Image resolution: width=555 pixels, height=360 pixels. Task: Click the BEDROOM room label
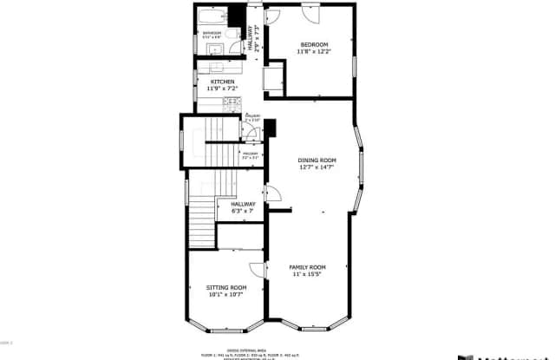(x=314, y=44)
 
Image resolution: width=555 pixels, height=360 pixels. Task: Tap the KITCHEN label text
(x=222, y=82)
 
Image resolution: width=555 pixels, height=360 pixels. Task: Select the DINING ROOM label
(x=317, y=160)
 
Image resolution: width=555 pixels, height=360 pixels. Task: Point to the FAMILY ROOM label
(x=307, y=267)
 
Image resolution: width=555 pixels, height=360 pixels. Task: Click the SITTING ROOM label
(x=225, y=287)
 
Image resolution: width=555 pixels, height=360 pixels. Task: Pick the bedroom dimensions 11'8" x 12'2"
(x=314, y=51)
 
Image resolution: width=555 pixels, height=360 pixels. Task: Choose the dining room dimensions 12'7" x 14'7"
(x=317, y=167)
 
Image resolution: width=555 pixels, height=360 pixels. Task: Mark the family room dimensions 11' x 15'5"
(x=307, y=274)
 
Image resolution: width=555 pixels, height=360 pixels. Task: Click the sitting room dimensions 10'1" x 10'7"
(x=225, y=294)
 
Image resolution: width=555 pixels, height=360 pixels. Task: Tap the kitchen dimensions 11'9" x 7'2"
(x=222, y=88)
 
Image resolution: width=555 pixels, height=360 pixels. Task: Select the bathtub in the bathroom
(x=212, y=17)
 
